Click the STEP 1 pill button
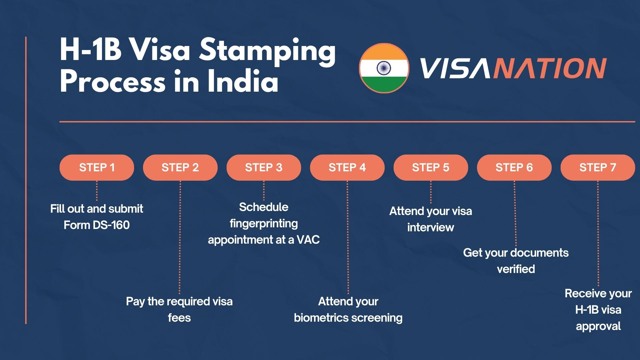(97, 167)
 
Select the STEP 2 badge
(180, 167)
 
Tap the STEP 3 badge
(264, 167)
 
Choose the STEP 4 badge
(347, 167)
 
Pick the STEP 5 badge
(431, 167)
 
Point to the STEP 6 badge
(514, 167)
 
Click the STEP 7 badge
(598, 167)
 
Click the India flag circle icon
(384, 68)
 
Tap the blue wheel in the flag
(384, 68)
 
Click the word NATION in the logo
(549, 68)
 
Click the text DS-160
(111, 225)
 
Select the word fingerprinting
(264, 224)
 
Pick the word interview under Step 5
(431, 227)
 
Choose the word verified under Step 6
(516, 269)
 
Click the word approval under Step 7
(598, 326)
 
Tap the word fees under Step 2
(179, 318)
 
